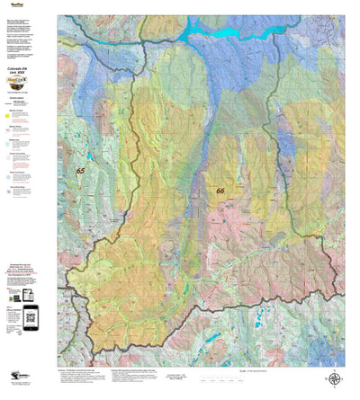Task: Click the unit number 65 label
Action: tap(81, 171)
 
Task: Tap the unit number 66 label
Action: tap(220, 191)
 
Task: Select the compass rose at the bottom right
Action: tap(334, 379)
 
